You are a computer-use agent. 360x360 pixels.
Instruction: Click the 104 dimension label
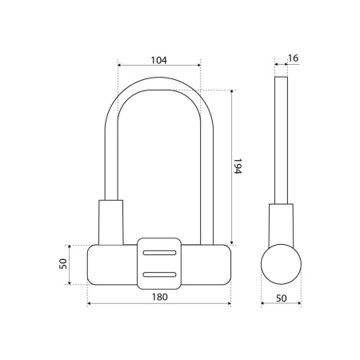pyautogui.click(x=159, y=60)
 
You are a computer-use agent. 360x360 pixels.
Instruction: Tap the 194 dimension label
pyautogui.click(x=238, y=166)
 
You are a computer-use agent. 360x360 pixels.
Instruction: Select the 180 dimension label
pyautogui.click(x=160, y=297)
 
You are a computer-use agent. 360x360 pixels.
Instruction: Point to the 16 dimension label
pyautogui.click(x=294, y=58)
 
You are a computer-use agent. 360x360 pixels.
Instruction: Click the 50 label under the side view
pyautogui.click(x=281, y=298)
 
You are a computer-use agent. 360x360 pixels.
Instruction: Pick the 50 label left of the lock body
pyautogui.click(x=63, y=264)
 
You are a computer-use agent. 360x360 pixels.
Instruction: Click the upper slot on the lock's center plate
pyautogui.click(x=159, y=253)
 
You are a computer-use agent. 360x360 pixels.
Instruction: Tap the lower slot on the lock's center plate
pyautogui.click(x=159, y=274)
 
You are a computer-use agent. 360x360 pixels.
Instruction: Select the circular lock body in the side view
pyautogui.click(x=281, y=264)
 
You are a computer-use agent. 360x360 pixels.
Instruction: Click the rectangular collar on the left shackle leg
pyautogui.click(x=111, y=222)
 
